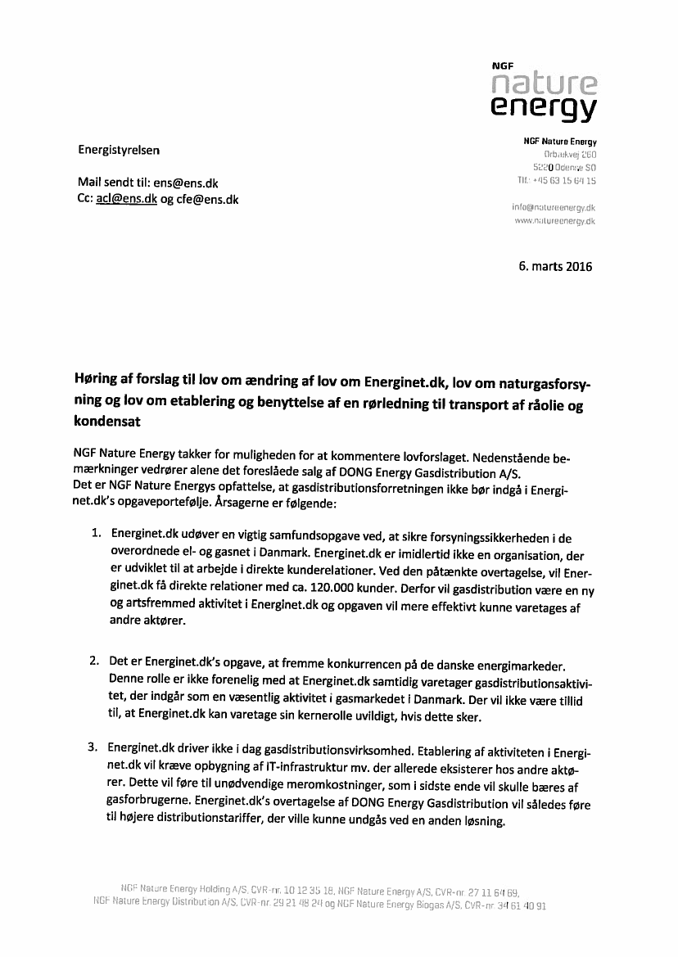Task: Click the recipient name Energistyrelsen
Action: pyautogui.click(x=120, y=150)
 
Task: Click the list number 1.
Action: pyautogui.click(x=97, y=533)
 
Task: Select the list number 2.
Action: pyautogui.click(x=95, y=660)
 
